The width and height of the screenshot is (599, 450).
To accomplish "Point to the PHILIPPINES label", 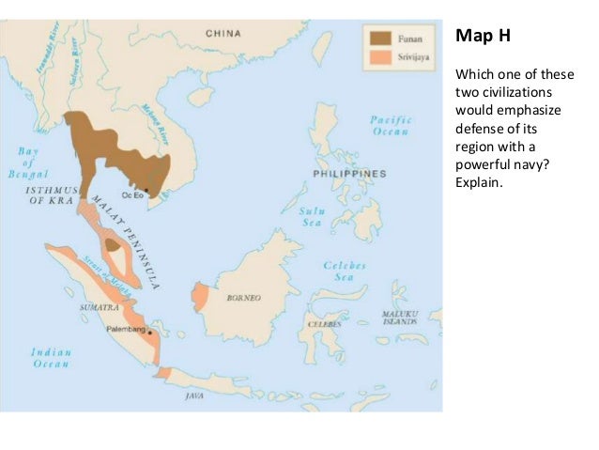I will tap(350, 175).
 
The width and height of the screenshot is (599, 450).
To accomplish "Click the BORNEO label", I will tap(243, 298).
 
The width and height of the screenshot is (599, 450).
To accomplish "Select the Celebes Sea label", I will tap(345, 272).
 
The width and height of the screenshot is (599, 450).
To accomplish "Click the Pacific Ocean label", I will tap(392, 126).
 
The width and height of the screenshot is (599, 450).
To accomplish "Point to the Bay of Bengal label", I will tap(27, 163).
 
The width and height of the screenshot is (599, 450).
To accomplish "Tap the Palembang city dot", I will tap(148, 332).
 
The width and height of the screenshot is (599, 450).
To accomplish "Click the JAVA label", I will tap(194, 396).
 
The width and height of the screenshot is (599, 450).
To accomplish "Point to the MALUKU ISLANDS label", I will tap(398, 317).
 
